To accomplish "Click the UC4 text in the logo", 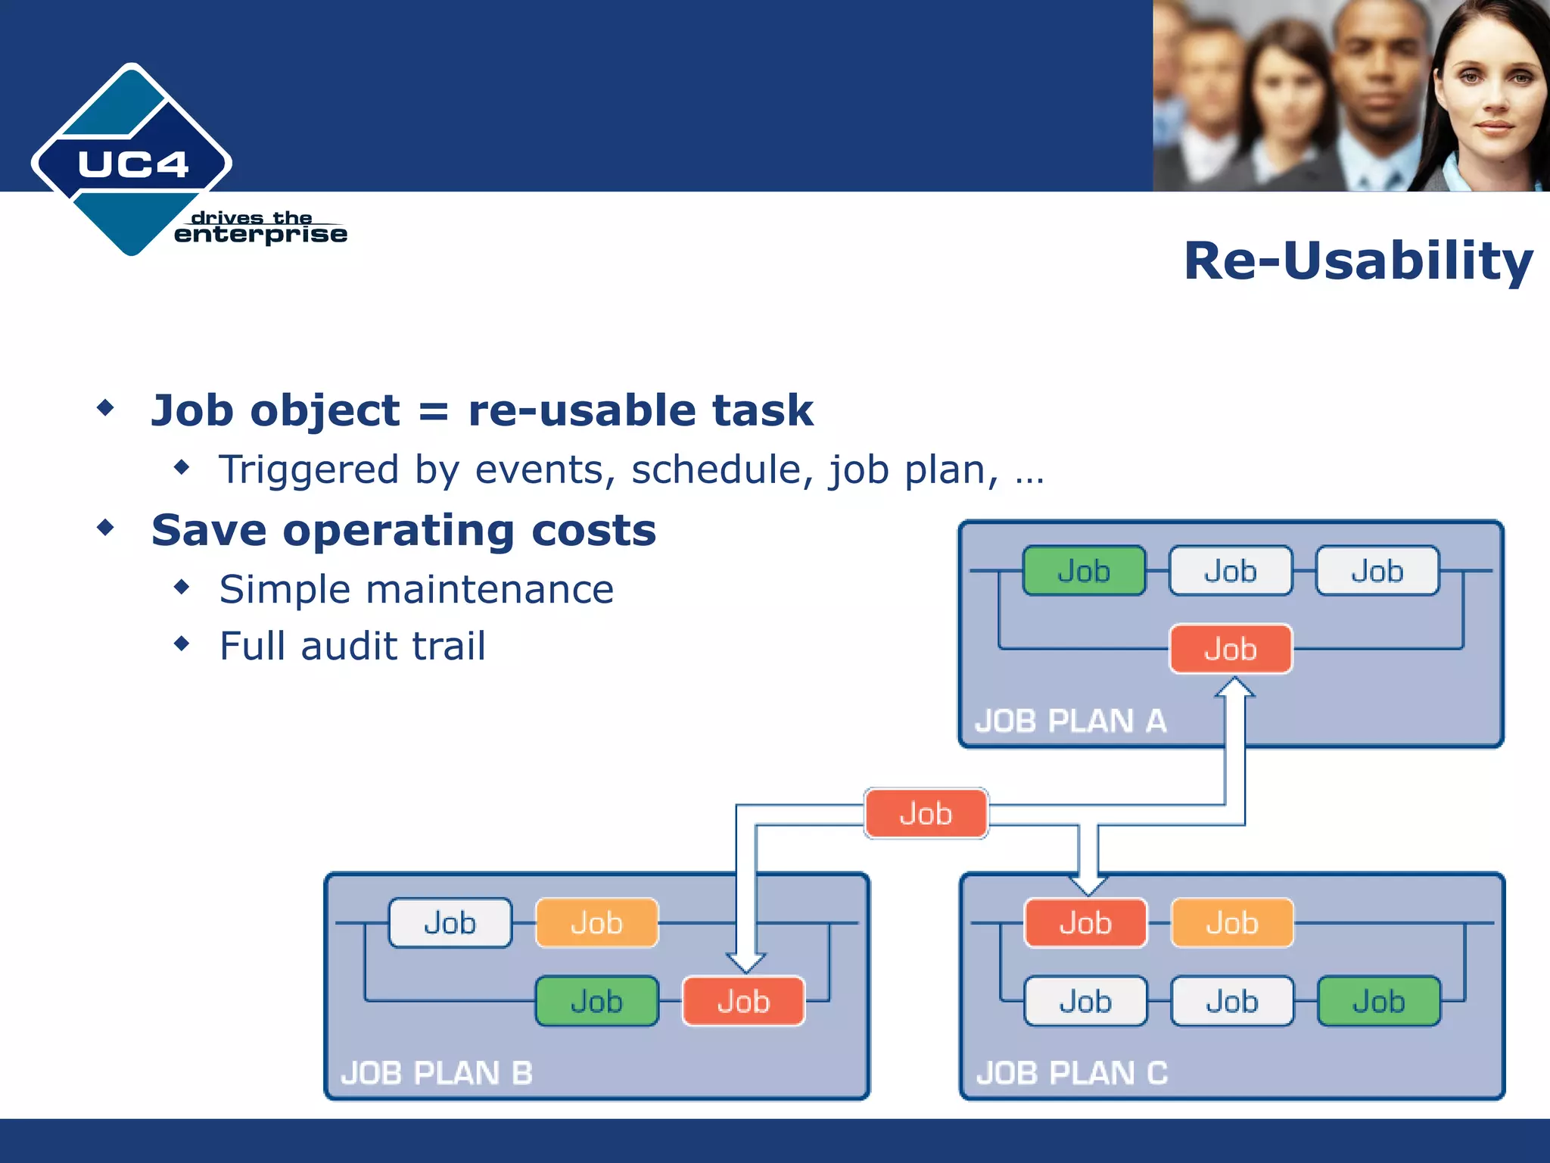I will point(132,164).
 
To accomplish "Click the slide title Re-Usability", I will point(1358,261).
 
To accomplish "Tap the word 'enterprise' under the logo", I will point(260,235).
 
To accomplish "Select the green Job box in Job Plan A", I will point(1083,571).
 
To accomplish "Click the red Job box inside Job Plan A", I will point(1231,649).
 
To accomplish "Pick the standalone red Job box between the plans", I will point(926,813).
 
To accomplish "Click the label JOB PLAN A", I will point(1070,721).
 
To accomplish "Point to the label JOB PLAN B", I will point(437,1073).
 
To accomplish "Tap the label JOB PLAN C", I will point(1072,1073).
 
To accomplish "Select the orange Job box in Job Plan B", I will point(596,923).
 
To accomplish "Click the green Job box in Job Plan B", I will point(596,1001).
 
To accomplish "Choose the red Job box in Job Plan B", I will point(743,1001).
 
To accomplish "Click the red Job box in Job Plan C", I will point(1085,923).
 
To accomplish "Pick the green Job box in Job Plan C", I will point(1378,1001).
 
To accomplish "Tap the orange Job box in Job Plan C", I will point(1231,923).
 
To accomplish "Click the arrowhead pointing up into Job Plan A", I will point(1235,688).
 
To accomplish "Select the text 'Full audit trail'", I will point(352,646).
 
